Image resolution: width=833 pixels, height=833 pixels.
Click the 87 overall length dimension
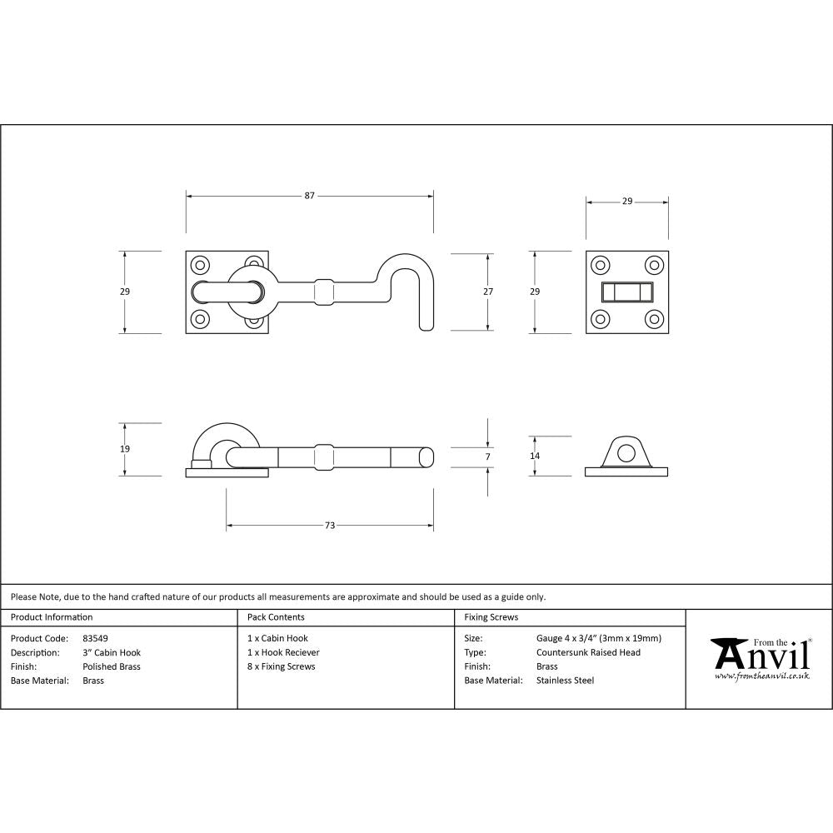tap(309, 196)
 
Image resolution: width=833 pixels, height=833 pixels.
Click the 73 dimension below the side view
tap(330, 526)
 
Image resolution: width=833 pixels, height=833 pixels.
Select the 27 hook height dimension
tap(488, 292)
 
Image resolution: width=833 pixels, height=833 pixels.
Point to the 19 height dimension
tap(125, 449)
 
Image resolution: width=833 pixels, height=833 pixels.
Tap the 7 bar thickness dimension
tap(488, 456)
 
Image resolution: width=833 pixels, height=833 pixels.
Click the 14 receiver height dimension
tap(535, 456)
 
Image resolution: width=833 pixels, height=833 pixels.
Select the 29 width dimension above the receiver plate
tap(627, 201)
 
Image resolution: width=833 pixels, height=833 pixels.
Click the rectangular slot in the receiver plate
tap(627, 292)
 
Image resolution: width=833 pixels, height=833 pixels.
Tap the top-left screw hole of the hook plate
tap(200, 266)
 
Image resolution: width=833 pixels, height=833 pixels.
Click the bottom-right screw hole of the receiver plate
tap(654, 318)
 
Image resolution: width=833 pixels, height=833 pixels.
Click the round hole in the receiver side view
tap(626, 451)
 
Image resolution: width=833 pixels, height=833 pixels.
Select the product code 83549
tap(96, 638)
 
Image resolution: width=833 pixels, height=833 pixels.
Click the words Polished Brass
tap(112, 666)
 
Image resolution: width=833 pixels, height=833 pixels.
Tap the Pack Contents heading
tap(276, 617)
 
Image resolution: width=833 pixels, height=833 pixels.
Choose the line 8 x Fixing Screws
tap(282, 666)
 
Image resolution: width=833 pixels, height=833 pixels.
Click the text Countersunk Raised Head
tap(588, 652)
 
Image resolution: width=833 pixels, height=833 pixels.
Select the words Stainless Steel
tap(565, 681)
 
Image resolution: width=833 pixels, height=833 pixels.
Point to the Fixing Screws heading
tap(491, 617)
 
